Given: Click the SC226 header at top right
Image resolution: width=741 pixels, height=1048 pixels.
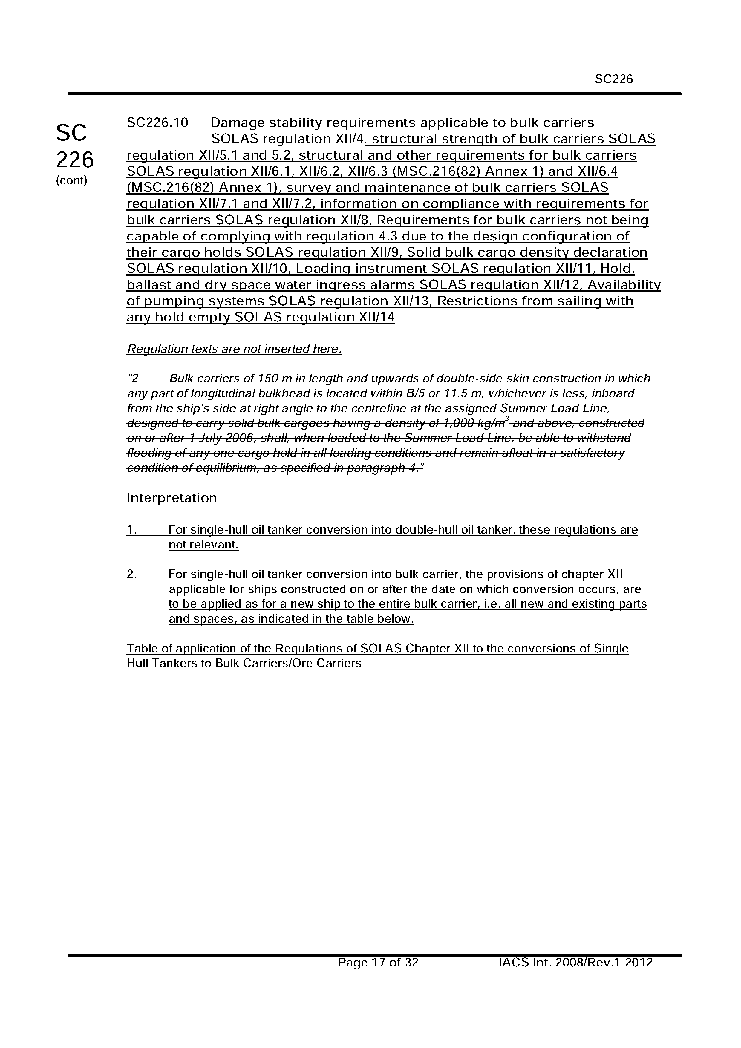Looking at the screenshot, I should point(614,79).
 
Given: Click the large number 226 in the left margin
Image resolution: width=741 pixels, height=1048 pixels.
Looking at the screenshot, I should point(75,160).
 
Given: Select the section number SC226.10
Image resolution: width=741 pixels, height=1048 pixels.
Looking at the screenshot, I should point(157,123).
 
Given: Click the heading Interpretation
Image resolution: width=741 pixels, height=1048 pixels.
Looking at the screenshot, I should point(172,497).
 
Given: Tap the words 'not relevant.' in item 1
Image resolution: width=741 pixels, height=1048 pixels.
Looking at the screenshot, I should point(204,545).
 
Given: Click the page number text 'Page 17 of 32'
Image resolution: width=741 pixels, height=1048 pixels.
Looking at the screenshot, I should point(378,963).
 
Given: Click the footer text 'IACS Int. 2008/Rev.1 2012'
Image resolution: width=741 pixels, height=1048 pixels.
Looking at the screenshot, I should point(576,963).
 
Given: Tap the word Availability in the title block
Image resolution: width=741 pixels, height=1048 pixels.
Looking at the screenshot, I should point(624,285).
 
